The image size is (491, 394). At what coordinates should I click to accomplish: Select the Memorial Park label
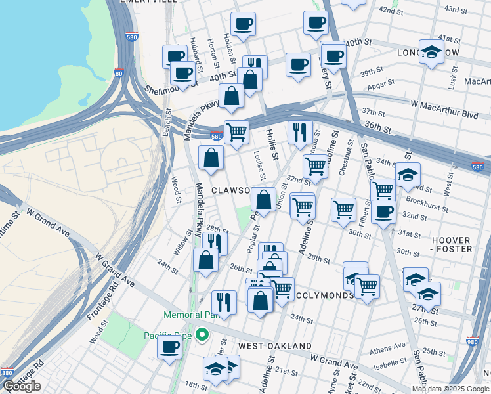pyautogui.click(x=192, y=315)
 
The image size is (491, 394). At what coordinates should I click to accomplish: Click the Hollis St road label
pyautogui.click(x=272, y=143)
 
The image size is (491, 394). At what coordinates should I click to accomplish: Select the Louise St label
pyautogui.click(x=260, y=165)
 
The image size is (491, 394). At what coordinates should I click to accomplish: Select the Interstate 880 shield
pyautogui.click(x=6, y=373)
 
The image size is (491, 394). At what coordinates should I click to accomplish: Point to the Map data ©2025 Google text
pyautogui.click(x=450, y=389)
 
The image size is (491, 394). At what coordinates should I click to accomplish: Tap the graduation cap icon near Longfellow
pyautogui.click(x=431, y=53)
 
